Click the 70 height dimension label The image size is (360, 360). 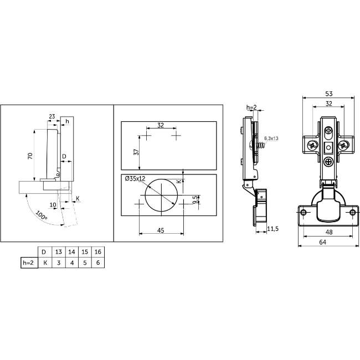30,156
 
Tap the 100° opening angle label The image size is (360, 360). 42,215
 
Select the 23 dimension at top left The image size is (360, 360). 52,116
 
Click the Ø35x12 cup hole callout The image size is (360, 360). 135,178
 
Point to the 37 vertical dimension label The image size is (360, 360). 136,152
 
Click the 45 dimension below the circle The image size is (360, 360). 161,230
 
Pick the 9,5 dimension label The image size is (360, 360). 196,200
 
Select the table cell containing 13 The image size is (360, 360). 59,252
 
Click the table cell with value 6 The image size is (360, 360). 98,263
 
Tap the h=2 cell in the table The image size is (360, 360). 29,263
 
